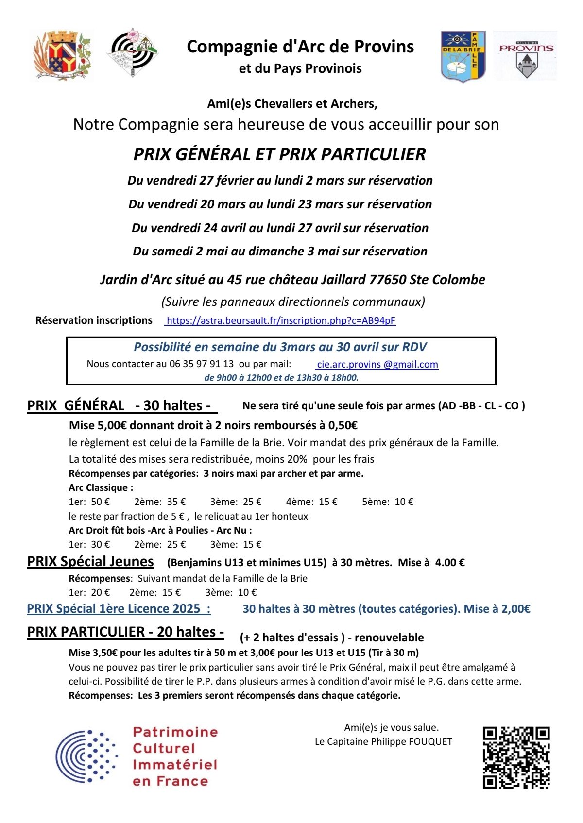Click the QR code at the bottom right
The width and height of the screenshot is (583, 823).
coord(516,757)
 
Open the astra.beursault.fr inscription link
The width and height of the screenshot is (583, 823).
coord(281,320)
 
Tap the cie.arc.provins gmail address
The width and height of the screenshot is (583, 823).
coord(377,364)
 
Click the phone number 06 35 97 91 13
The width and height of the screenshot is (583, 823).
coord(201,364)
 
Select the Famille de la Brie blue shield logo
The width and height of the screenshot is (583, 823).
coord(463,56)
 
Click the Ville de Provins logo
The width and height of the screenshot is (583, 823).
coord(526,55)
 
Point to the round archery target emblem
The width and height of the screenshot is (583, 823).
coord(132,52)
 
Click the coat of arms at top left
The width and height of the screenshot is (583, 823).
coord(62,55)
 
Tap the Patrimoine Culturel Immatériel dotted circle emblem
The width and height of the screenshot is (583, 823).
coord(86,756)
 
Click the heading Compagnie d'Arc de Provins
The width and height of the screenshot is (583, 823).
coord(300,47)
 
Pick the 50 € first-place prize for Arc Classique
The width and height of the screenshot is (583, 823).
coord(100,502)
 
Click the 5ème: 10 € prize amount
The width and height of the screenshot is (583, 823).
coord(388,502)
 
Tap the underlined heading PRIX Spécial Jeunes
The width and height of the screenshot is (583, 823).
coord(90,562)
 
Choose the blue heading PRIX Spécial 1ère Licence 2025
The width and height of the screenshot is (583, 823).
coord(119,609)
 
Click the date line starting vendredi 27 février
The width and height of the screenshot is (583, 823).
coord(280,181)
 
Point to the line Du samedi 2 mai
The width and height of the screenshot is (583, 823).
coord(280,252)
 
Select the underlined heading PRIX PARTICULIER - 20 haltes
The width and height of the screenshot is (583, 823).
coord(125,632)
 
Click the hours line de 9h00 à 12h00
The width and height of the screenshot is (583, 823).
coord(281,377)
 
